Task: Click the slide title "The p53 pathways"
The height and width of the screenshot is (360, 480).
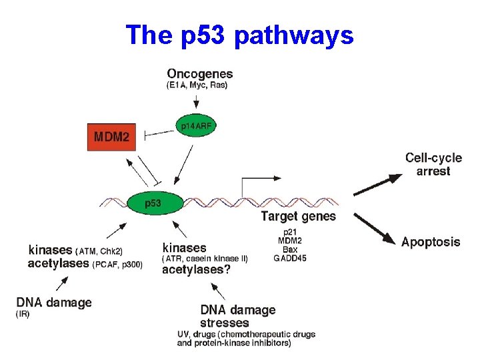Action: pyautogui.click(x=239, y=35)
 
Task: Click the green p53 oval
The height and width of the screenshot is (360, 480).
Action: pyautogui.click(x=153, y=203)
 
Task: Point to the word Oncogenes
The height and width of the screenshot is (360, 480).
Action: pyautogui.click(x=200, y=73)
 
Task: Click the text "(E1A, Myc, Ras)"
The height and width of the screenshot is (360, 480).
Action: pyautogui.click(x=197, y=85)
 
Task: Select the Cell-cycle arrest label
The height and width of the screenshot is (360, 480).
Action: pyautogui.click(x=433, y=165)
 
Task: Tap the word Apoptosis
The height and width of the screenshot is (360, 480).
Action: pyautogui.click(x=431, y=242)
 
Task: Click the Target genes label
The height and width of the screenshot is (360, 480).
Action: pyautogui.click(x=298, y=216)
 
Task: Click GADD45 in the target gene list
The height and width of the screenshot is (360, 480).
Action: pyautogui.click(x=290, y=259)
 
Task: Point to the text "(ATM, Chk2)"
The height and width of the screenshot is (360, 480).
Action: pyautogui.click(x=99, y=251)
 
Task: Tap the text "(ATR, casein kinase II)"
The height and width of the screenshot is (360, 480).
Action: pyautogui.click(x=205, y=259)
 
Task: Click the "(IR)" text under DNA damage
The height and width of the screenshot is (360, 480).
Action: pyautogui.click(x=23, y=314)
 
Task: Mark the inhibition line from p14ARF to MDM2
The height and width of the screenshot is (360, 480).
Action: pyautogui.click(x=159, y=133)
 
